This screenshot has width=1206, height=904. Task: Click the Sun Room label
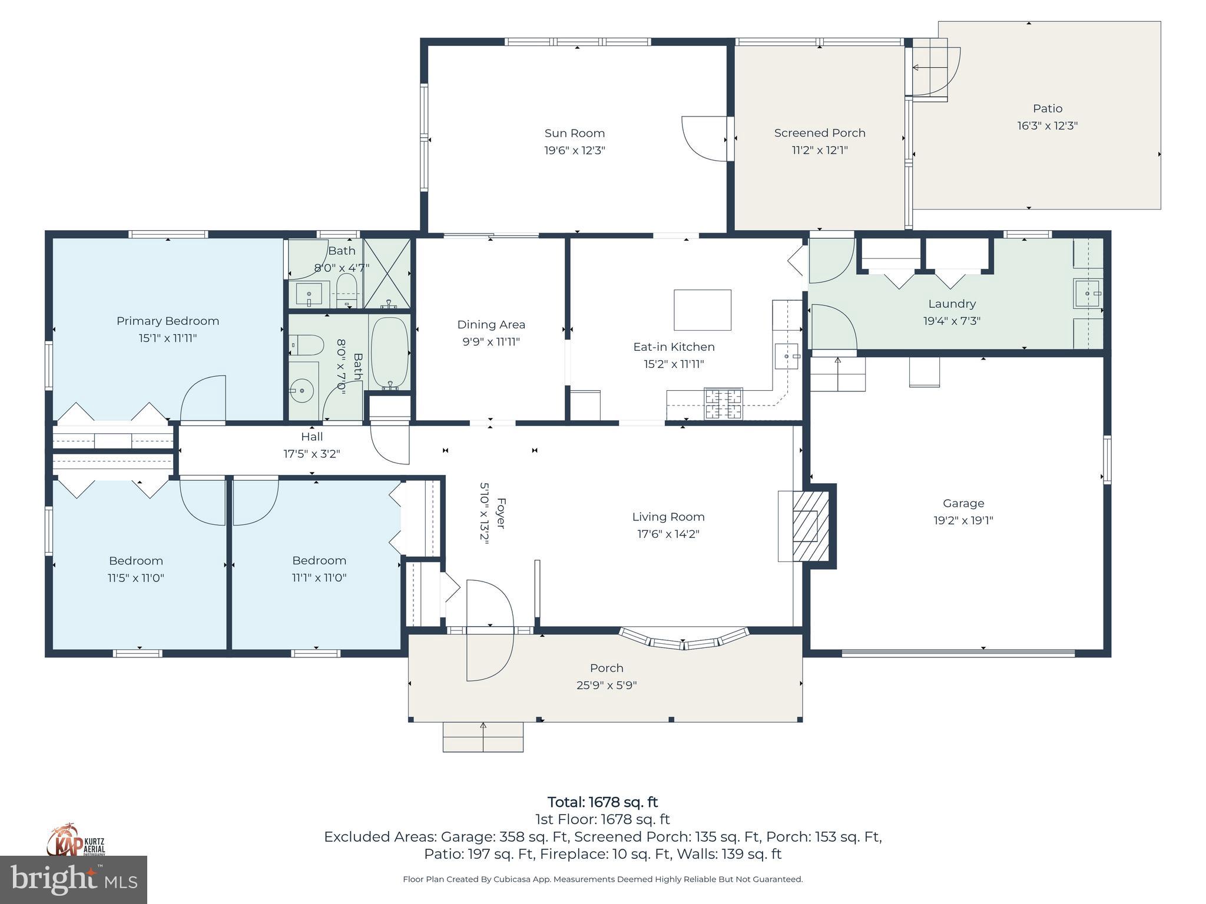coord(574,134)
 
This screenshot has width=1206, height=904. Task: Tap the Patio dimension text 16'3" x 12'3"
coord(1047,125)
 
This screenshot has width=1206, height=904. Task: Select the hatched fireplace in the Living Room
coord(810,526)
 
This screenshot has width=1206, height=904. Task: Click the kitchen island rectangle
coord(702,310)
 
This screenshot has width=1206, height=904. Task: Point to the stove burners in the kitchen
coord(724,404)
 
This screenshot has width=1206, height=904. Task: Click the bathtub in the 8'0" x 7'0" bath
coord(389,352)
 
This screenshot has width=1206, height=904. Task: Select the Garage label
coord(963,503)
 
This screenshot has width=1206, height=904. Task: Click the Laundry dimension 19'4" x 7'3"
coord(952,321)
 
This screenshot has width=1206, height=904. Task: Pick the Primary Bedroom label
coord(167,321)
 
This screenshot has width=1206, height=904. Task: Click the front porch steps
coord(483,737)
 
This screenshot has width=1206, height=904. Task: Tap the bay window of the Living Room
coord(684,641)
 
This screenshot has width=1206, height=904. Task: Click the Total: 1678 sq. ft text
coord(602,802)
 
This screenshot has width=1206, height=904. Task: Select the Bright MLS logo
coord(73,879)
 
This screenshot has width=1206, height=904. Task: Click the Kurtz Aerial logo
coord(76,842)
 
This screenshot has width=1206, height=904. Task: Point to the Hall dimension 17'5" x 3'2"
coord(312,454)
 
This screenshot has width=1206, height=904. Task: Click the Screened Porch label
coord(819,133)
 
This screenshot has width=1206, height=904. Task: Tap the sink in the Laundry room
coord(1086,293)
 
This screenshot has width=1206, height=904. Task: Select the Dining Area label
coord(491,324)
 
